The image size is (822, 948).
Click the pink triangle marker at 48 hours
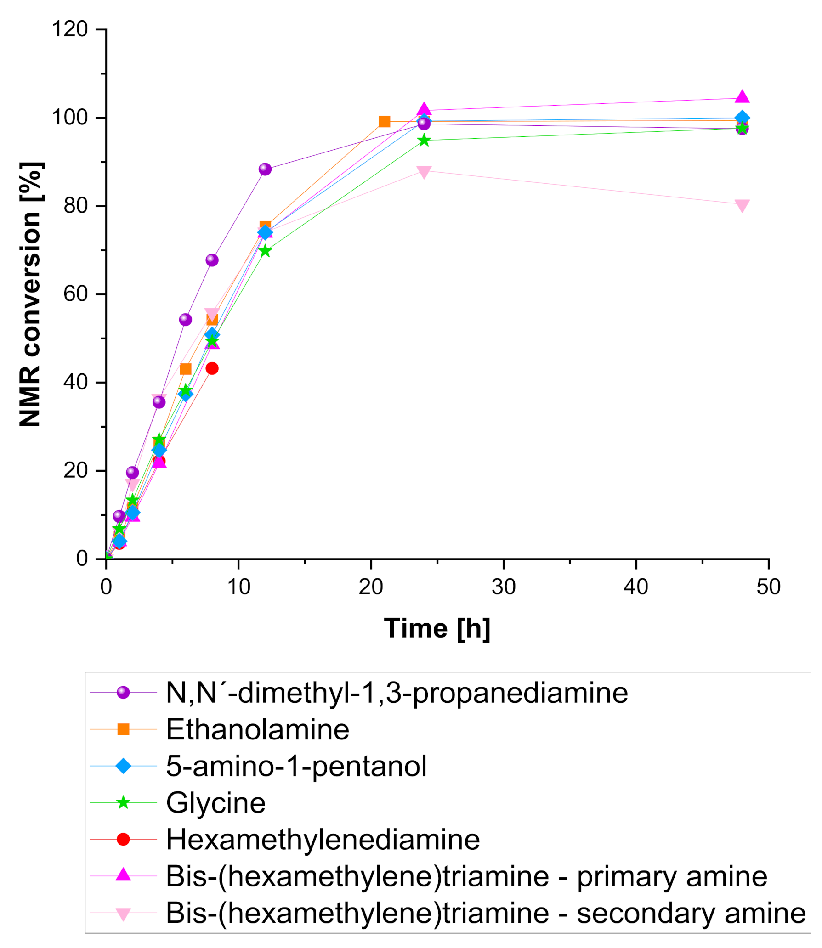pos(742,205)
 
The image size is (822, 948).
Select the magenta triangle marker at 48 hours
pos(742,97)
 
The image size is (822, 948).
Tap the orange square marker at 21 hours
pos(384,122)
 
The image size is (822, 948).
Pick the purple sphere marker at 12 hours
pos(265,169)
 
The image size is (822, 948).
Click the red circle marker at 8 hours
pos(212,368)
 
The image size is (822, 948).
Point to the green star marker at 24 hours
pos(424,140)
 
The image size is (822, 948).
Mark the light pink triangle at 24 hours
pos(424,172)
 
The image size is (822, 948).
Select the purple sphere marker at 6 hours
pos(185,320)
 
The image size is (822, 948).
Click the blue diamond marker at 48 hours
pos(742,118)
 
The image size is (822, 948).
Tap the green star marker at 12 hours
pos(265,251)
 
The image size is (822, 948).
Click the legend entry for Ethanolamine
pos(257,729)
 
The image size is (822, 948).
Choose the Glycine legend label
pos(215,803)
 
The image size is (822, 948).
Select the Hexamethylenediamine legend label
pos(323,840)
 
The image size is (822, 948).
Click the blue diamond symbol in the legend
pos(123,766)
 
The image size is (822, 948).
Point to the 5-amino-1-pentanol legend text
pos(296,766)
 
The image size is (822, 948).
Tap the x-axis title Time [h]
pos(437,628)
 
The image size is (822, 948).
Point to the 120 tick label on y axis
pos(70,29)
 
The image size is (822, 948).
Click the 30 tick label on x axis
pos(503,587)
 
